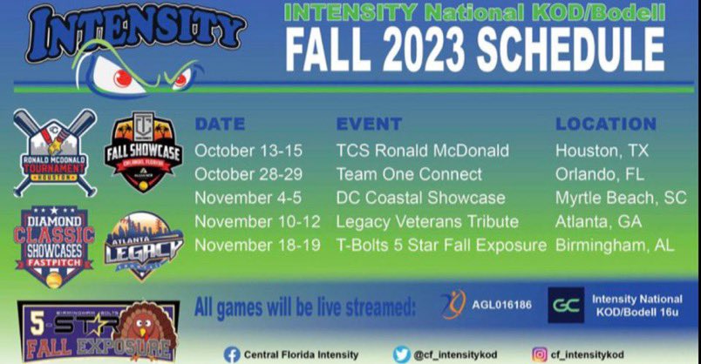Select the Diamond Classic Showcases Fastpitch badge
pos(54,245)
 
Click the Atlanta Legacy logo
pos(143,246)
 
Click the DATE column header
pos(220,124)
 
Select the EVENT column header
pos(369,124)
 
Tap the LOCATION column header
pos(606,124)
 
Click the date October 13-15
pos(248,151)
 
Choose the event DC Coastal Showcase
pos(420,198)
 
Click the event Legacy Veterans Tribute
pos(427,221)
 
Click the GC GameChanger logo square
pos(567,306)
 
